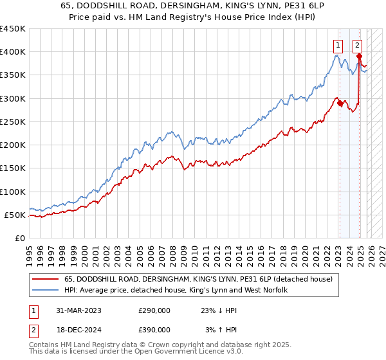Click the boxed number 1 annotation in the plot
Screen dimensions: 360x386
click(x=337, y=45)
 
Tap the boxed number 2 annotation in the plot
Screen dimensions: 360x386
click(x=357, y=45)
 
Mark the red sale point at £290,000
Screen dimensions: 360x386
click(x=339, y=103)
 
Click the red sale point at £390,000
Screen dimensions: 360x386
click(x=358, y=57)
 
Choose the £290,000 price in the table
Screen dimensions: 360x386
click(x=154, y=310)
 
